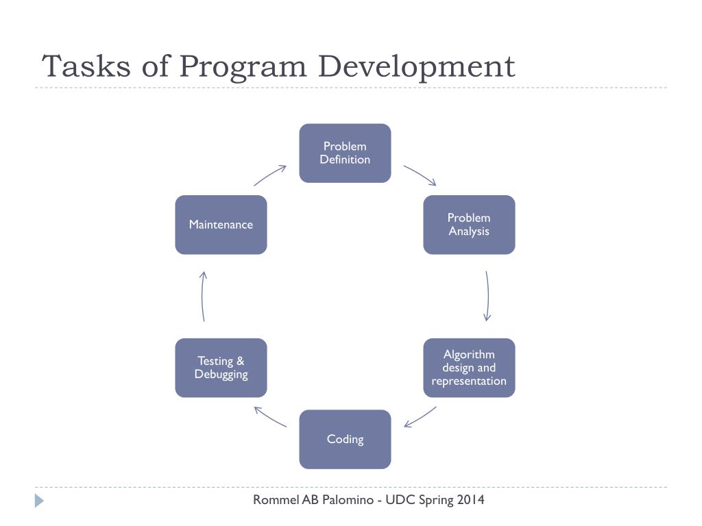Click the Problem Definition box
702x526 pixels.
tap(345, 153)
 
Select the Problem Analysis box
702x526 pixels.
tap(469, 225)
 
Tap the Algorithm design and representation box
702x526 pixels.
tap(469, 368)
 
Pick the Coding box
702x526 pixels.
tap(345, 439)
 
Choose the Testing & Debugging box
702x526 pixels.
tap(221, 368)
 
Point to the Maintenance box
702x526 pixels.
tap(221, 225)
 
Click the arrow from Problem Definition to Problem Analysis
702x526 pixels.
tap(420, 175)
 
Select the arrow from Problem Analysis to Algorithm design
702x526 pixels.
tap(487, 296)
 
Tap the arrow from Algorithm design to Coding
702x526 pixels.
tap(420, 416)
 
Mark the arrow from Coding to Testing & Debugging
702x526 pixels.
tap(270, 416)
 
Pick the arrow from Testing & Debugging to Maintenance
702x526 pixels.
tap(203, 296)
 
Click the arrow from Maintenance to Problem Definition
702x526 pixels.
tap(270, 175)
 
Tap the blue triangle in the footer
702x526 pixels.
tap(39, 501)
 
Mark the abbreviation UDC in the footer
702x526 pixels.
tap(399, 499)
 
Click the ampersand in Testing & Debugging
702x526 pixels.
tap(240, 361)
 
